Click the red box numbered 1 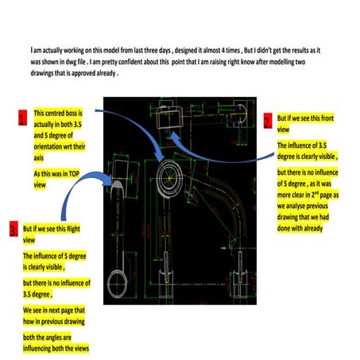[x=22, y=120]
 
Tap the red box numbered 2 [x=268, y=121]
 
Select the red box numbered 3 [x=14, y=230]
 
